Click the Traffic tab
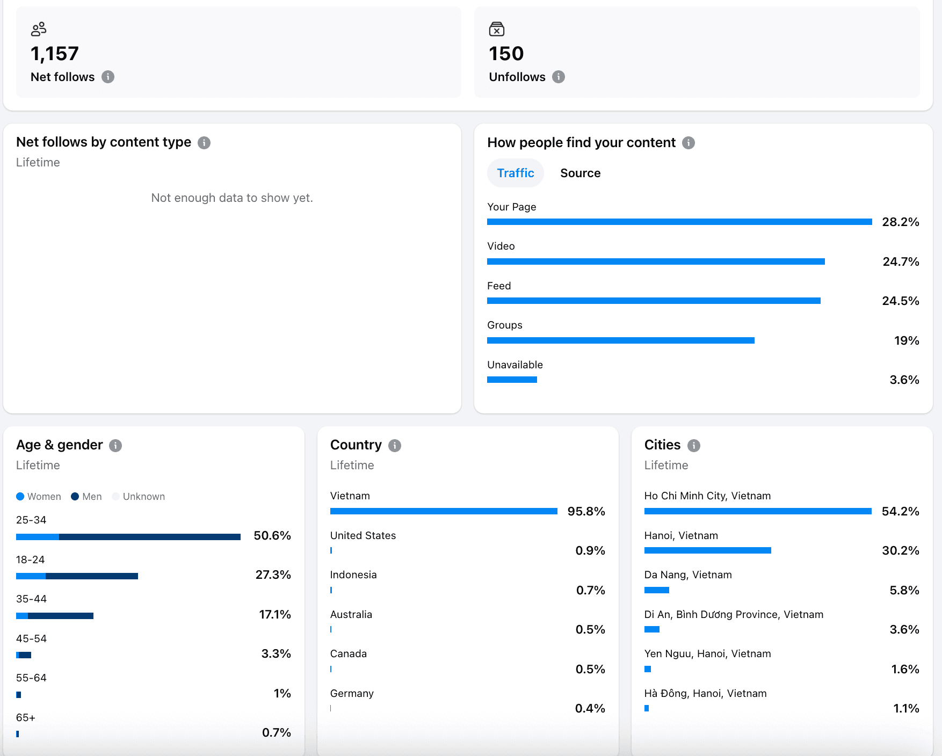tap(515, 173)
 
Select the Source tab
tap(580, 173)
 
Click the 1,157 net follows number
tap(55, 54)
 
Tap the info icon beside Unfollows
tap(559, 77)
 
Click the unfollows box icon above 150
tap(497, 29)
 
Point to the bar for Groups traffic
tap(620, 340)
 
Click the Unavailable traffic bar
tap(512, 380)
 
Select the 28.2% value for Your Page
tap(900, 222)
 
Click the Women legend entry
tap(39, 497)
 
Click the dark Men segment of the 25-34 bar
tap(149, 537)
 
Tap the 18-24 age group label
tap(31, 559)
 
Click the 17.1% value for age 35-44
tap(274, 614)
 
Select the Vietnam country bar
tap(444, 511)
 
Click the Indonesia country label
tap(353, 575)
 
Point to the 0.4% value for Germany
tap(590, 708)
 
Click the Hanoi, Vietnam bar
tap(707, 550)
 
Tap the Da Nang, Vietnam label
tap(688, 575)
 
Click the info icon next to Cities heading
tap(694, 445)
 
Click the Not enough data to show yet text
tap(232, 198)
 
